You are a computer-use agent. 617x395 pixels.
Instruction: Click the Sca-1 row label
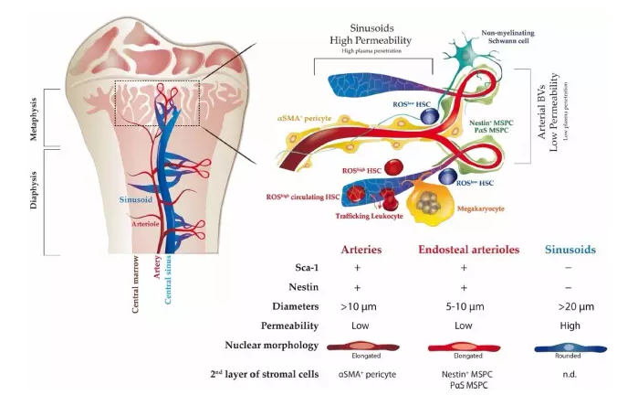(289, 267)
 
